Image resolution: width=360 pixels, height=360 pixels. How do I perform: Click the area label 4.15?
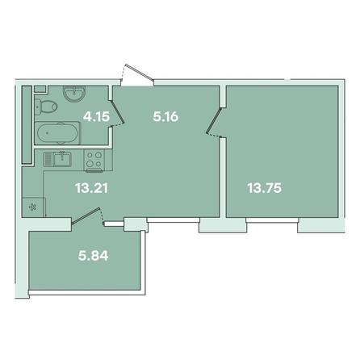click(x=96, y=117)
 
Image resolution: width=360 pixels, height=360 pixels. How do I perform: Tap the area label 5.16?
click(x=165, y=117)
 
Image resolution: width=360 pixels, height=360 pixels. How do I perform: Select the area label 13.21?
click(x=91, y=188)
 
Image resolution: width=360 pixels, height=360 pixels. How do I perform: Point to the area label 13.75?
click(x=265, y=188)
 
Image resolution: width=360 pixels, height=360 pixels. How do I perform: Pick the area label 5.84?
click(x=93, y=256)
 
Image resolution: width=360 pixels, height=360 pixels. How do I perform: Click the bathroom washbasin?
click(x=74, y=94)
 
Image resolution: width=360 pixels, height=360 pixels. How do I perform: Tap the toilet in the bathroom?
click(x=46, y=106)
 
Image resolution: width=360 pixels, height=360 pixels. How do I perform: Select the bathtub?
click(x=58, y=133)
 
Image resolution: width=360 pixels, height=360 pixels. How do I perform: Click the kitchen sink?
click(x=62, y=159)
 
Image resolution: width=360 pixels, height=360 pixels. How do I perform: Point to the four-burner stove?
click(x=94, y=161)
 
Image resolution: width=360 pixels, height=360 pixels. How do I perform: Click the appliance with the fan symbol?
click(x=33, y=207)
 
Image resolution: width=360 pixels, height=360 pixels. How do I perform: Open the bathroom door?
click(x=117, y=113)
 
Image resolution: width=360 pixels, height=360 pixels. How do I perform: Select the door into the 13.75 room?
click(x=214, y=121)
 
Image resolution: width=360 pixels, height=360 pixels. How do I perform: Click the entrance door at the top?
click(x=138, y=73)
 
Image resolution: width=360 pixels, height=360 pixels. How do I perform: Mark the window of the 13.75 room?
click(x=272, y=220)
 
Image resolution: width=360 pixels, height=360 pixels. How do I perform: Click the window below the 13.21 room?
click(x=174, y=220)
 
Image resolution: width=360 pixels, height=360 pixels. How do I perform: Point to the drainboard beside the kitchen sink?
click(x=48, y=159)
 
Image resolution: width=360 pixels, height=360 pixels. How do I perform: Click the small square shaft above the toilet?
click(x=40, y=89)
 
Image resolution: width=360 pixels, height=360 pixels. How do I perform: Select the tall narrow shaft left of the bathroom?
click(x=27, y=124)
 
